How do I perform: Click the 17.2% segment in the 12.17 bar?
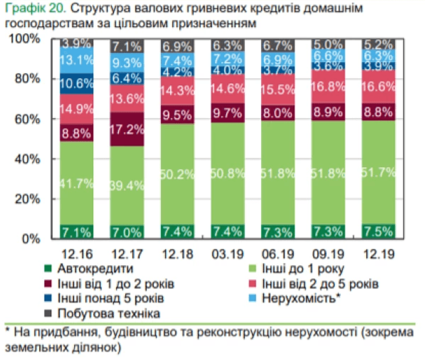pos(127,129)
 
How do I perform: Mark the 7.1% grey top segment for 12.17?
pos(127,46)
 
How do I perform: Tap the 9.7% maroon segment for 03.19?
pos(227,113)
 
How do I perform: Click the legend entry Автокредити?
pos(94,269)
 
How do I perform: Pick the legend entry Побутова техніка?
pos(106,313)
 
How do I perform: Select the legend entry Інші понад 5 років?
pos(110,299)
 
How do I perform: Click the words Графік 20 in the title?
pos(29,10)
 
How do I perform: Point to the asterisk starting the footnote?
pos(7,331)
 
